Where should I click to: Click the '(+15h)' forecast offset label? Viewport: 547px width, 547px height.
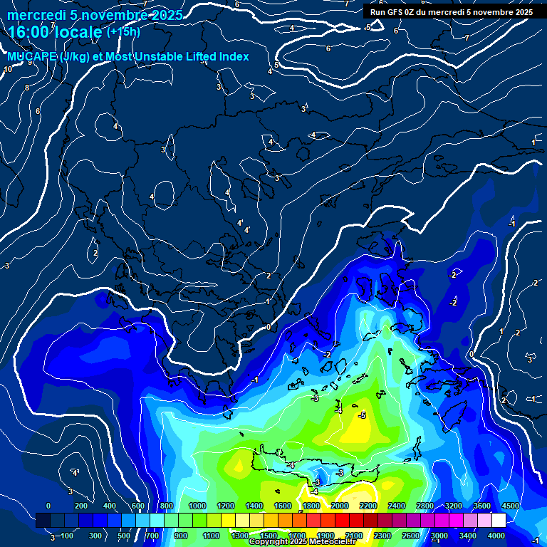(123, 31)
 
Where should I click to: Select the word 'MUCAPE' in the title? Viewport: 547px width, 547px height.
(33, 57)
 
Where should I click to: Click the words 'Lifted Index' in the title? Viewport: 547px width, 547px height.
(214, 57)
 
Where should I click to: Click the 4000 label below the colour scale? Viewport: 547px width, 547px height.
(496, 536)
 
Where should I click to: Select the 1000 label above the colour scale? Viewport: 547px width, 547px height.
(197, 506)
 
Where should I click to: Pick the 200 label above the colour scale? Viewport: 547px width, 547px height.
(80, 506)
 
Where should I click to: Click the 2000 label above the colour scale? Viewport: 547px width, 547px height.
(340, 506)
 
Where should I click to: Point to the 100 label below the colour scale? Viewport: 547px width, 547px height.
(68, 536)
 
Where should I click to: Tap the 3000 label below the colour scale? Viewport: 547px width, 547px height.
(439, 536)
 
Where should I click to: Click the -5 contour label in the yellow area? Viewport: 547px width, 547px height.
(362, 415)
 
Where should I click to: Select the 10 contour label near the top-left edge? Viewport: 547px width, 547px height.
(8, 69)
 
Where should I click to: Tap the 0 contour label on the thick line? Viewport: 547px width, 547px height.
(269, 327)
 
